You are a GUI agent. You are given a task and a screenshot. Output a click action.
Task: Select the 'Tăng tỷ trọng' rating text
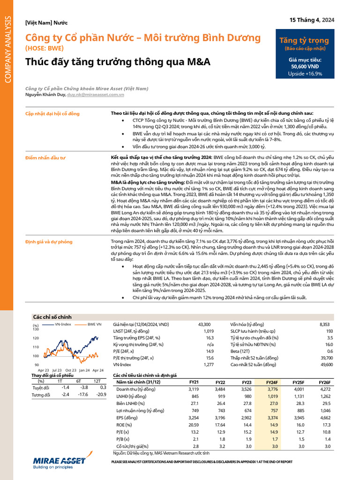click(x=305, y=41)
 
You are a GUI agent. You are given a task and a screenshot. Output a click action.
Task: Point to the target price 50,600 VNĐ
click(x=305, y=67)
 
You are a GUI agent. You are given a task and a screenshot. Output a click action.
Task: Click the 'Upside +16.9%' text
click(x=305, y=74)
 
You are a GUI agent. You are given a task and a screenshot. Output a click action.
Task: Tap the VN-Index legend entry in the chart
click(x=60, y=324)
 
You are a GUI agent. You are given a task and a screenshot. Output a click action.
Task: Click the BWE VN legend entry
click(x=94, y=324)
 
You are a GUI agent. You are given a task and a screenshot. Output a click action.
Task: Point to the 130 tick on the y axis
click(x=36, y=329)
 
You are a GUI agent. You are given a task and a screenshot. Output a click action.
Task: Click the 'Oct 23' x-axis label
click(x=71, y=370)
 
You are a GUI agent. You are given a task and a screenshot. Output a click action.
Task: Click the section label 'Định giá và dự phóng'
click(x=49, y=241)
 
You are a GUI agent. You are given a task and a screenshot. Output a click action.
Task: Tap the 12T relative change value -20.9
click(x=101, y=395)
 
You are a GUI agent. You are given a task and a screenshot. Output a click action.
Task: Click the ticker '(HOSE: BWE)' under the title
click(x=44, y=48)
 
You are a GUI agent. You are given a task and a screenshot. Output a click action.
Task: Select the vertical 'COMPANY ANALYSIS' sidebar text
click(x=8, y=49)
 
